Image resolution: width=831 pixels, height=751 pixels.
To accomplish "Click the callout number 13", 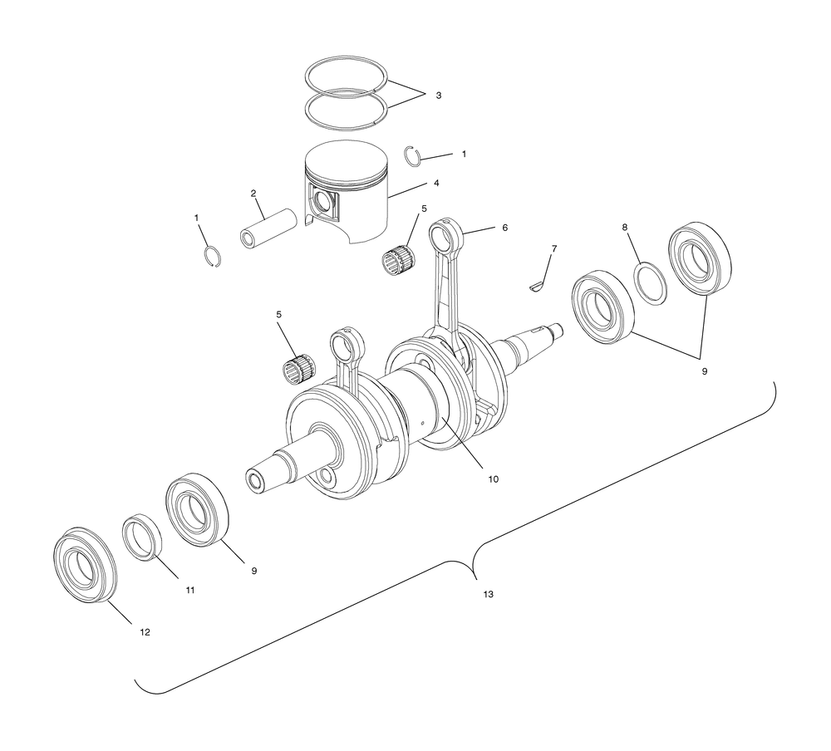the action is [488, 594].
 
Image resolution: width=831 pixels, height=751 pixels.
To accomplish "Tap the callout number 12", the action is [145, 632].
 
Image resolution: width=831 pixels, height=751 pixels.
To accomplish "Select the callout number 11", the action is [190, 590].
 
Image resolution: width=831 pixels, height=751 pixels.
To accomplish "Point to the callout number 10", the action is [493, 479].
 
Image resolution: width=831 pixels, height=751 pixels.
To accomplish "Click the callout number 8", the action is [625, 227].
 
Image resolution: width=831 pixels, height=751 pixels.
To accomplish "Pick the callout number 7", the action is [554, 248].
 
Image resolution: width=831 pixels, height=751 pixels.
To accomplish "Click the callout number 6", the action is [504, 228].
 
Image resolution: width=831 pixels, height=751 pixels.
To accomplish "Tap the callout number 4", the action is [436, 183].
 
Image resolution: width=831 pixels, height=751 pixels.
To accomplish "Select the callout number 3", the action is [438, 96].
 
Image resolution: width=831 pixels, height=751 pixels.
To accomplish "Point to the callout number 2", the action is [253, 193].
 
